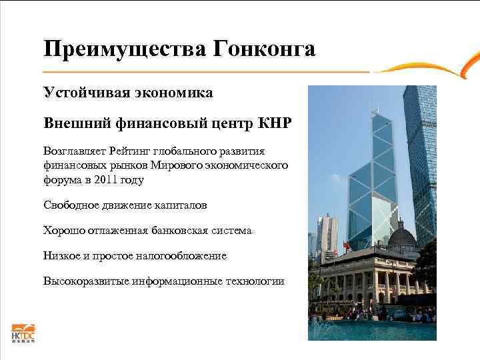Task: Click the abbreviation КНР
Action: pos(276,124)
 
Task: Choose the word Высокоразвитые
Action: pos(86,281)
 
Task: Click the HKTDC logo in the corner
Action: pos(22,333)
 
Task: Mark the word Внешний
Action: pos(71,124)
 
